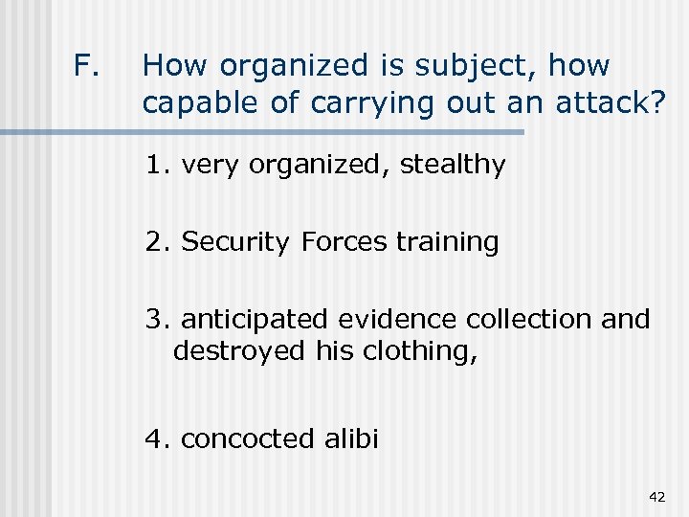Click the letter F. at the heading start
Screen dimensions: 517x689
[x=85, y=66]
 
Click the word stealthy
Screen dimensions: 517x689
[x=453, y=165]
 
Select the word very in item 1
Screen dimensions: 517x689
[x=211, y=165]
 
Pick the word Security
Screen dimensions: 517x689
[x=234, y=242]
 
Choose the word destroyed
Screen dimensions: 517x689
[x=240, y=351]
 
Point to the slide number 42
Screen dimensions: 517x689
[x=656, y=496]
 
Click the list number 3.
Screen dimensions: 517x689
[x=155, y=319]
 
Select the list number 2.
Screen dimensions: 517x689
[x=155, y=242]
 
